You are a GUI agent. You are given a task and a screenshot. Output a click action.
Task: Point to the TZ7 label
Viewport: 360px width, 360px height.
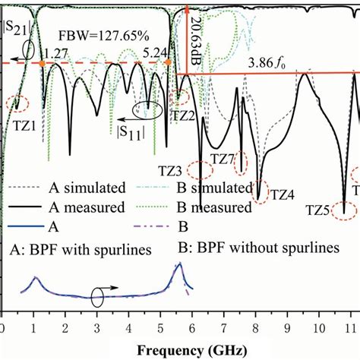pyautogui.click(x=222, y=159)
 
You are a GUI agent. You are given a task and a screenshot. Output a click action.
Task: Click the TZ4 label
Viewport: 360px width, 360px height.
pyautogui.click(x=282, y=194)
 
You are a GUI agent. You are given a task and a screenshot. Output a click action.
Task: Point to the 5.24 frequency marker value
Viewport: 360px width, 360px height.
pyautogui.click(x=155, y=52)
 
